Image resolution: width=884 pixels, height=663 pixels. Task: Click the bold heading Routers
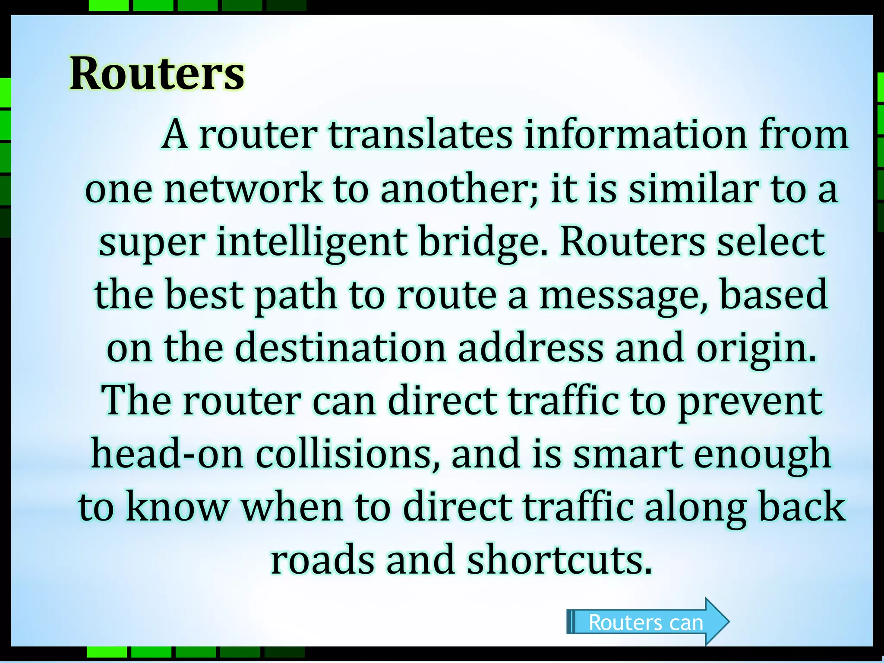point(157,74)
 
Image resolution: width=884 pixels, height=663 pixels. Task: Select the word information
point(636,135)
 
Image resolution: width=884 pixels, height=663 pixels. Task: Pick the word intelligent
point(312,242)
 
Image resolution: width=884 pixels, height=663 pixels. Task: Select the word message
point(623,295)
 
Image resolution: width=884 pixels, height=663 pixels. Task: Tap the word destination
point(341,348)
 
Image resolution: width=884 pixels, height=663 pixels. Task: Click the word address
point(530,348)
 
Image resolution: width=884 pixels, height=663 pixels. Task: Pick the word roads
point(322,560)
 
